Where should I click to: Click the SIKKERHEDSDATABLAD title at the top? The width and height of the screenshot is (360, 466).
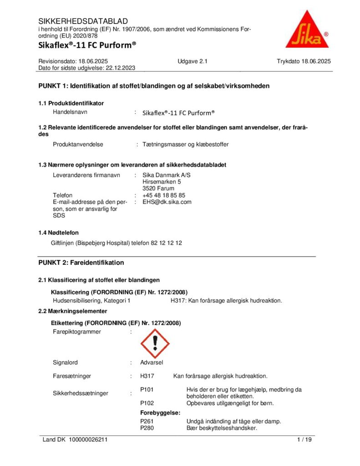[83, 21]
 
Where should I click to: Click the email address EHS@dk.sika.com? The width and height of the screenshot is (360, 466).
[167, 202]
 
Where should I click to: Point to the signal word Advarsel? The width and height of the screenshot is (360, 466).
[152, 363]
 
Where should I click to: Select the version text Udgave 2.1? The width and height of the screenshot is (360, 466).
[193, 61]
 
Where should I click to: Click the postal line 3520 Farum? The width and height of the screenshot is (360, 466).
[158, 188]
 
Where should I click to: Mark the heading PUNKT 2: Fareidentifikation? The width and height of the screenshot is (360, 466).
[81, 263]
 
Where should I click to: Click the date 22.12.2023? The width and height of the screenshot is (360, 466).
[121, 68]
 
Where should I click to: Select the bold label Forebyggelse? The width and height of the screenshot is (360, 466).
[160, 413]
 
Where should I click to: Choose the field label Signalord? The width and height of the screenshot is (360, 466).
[65, 363]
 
